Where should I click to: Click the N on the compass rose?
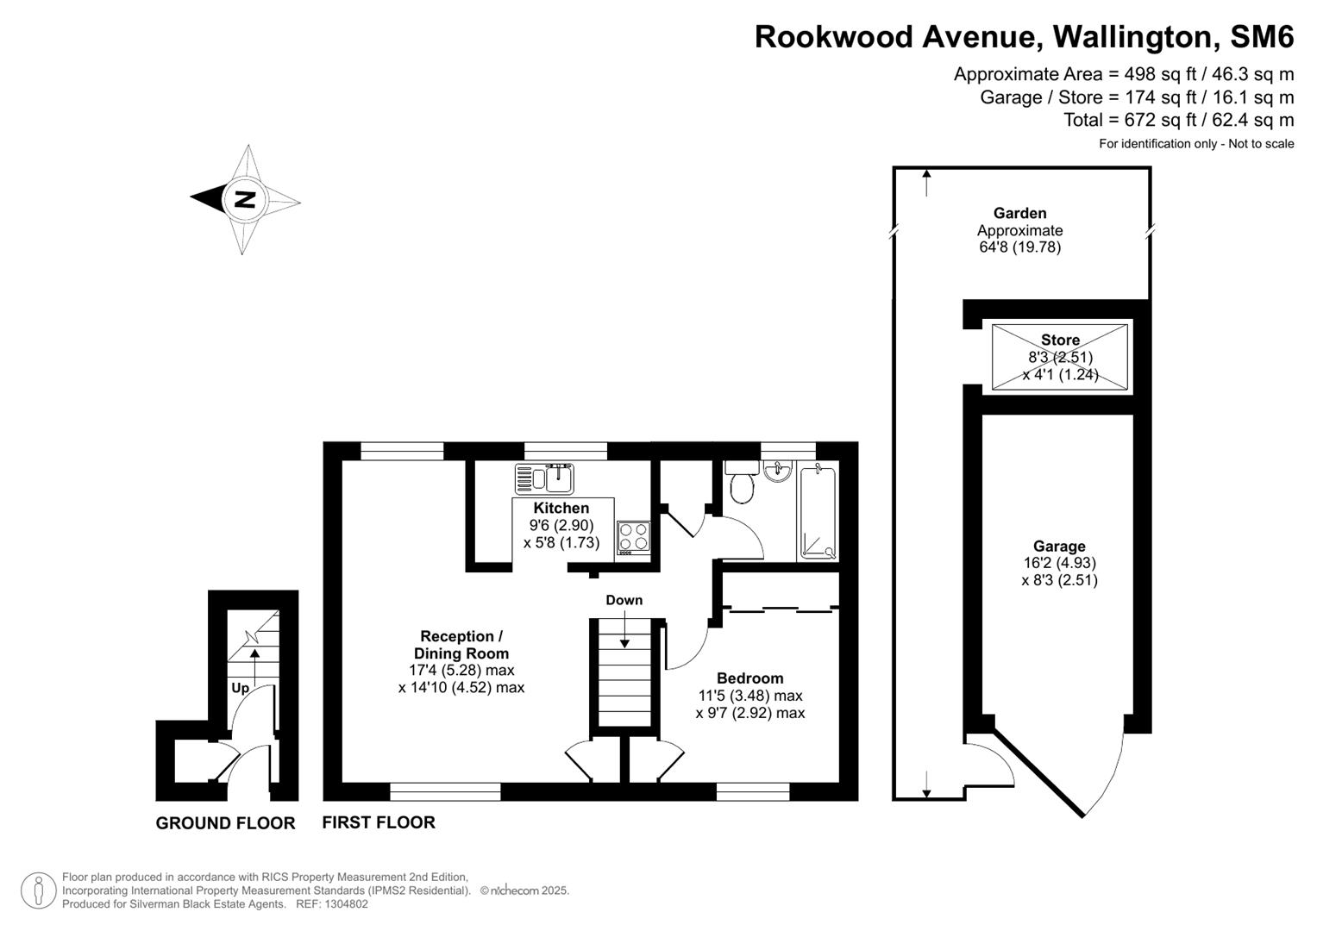(245, 199)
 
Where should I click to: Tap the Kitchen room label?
(561, 508)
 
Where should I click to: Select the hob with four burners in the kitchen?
(632, 537)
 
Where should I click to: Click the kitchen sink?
(545, 478)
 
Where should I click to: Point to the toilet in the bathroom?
(741, 485)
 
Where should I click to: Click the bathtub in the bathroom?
(818, 512)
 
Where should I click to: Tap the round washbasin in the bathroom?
(778, 470)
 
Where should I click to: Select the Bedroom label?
(749, 678)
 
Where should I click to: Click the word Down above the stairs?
(624, 600)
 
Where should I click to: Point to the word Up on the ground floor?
(240, 688)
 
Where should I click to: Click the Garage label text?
(1059, 547)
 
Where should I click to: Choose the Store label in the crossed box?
(1060, 340)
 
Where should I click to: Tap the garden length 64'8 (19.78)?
(1019, 247)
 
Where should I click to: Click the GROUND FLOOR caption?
(225, 823)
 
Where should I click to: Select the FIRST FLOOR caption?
(379, 822)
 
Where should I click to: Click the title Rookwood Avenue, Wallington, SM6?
(1024, 37)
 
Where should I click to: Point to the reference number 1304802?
(344, 904)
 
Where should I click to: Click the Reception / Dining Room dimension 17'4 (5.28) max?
(461, 670)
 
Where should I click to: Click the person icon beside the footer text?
(39, 890)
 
